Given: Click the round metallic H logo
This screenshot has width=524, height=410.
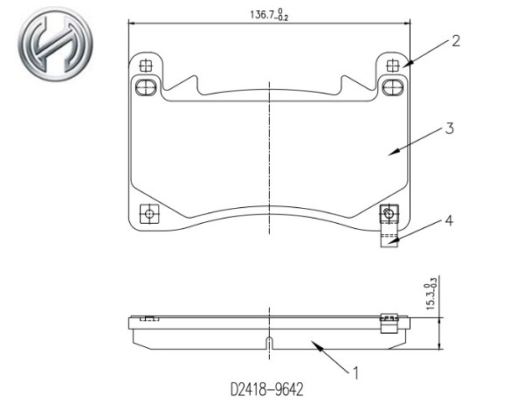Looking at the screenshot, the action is pyautogui.click(x=55, y=45).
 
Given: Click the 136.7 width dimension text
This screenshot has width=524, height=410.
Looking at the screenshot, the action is pyautogui.click(x=269, y=15).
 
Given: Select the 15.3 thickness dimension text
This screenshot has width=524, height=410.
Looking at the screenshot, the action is pyautogui.click(x=431, y=297).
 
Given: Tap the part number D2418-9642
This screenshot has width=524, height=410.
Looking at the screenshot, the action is pyautogui.click(x=267, y=389).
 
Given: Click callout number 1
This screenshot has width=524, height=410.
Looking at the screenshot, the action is pyautogui.click(x=355, y=373).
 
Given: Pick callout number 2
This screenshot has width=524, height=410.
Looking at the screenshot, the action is pyautogui.click(x=456, y=41).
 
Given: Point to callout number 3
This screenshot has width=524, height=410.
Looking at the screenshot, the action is pyautogui.click(x=450, y=129).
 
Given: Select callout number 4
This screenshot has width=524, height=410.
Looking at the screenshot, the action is pyautogui.click(x=449, y=220).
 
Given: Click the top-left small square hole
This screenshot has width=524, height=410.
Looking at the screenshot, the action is pyautogui.click(x=145, y=66).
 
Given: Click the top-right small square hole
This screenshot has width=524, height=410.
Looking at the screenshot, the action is pyautogui.click(x=393, y=66).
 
